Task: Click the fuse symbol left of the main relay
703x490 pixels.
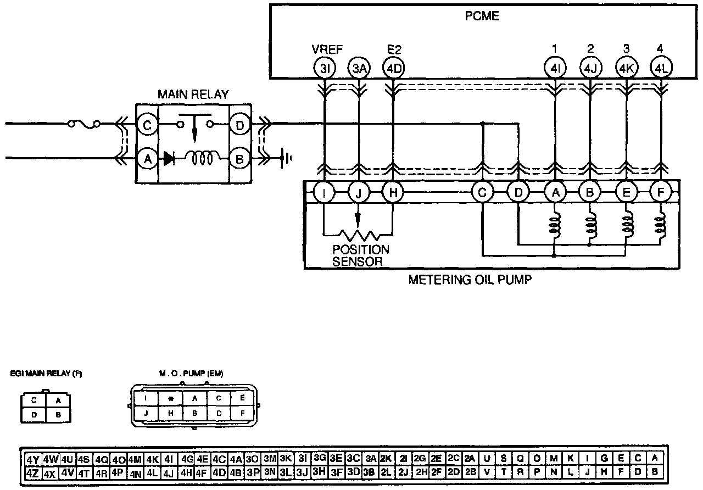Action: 84,125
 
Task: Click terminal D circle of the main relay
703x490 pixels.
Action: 239,125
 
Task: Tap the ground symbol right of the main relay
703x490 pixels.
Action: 286,159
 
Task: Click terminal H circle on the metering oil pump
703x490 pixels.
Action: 393,193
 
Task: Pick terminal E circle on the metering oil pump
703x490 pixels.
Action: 626,193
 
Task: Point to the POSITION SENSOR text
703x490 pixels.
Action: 361,255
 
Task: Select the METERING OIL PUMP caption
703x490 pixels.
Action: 470,280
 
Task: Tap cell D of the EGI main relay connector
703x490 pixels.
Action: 34,415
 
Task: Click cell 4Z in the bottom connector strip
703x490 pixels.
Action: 32,472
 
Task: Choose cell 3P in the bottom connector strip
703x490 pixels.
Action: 253,472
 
